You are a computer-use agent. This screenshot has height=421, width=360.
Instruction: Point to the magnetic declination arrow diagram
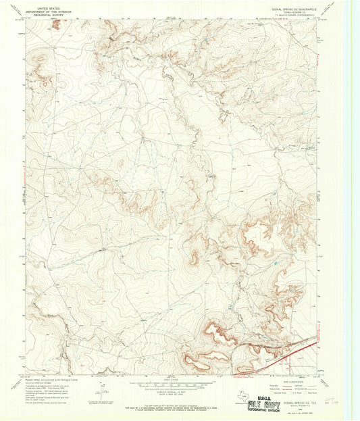point(102,390)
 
